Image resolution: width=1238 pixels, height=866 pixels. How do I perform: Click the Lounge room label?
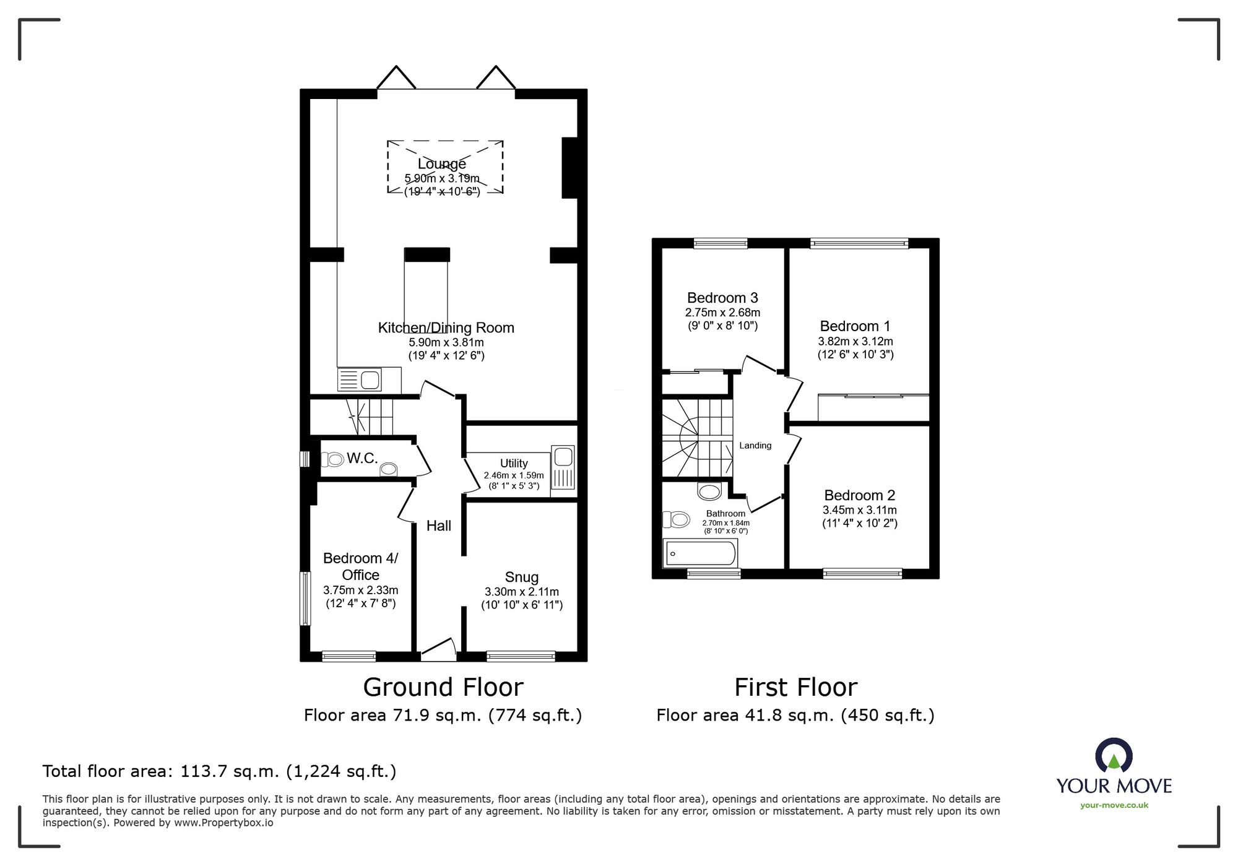[x=441, y=164]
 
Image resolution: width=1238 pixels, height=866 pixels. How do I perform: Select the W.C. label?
[x=362, y=458]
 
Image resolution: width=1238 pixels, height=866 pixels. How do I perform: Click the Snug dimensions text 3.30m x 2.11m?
[x=521, y=592]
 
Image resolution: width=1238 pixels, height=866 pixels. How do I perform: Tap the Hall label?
[x=438, y=526]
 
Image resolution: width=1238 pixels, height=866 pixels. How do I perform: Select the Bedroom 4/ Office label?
[x=360, y=566]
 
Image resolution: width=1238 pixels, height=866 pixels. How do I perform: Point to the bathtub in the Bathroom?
[x=701, y=553]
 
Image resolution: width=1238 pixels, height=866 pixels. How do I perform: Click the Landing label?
[x=755, y=445]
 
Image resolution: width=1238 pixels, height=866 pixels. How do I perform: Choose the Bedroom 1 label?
[x=855, y=326]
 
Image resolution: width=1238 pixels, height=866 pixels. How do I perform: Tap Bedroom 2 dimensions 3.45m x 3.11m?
[x=859, y=510]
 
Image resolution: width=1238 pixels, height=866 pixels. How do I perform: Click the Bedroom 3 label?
[x=722, y=298]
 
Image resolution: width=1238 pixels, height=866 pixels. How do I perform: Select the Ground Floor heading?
[x=443, y=687]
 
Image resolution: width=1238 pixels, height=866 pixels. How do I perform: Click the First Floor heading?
[x=795, y=687]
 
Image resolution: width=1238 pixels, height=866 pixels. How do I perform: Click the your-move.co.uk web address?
[x=1114, y=805]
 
